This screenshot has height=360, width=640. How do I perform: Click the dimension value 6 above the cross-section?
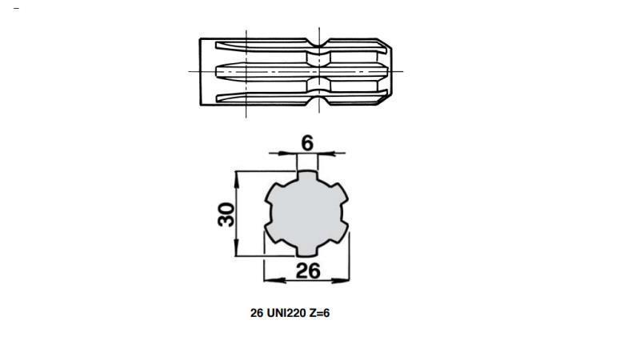tap(307, 142)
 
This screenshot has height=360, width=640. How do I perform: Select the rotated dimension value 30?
tap(226, 214)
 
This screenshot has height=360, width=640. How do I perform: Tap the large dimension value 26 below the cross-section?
tap(308, 270)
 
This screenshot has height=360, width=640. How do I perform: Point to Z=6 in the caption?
tap(318, 313)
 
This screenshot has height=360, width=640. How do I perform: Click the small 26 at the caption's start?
tap(257, 313)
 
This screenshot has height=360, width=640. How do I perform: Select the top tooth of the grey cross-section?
tap(307, 176)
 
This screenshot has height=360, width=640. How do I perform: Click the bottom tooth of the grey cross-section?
tap(307, 251)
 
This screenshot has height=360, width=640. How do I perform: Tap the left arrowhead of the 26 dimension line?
tap(268, 280)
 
